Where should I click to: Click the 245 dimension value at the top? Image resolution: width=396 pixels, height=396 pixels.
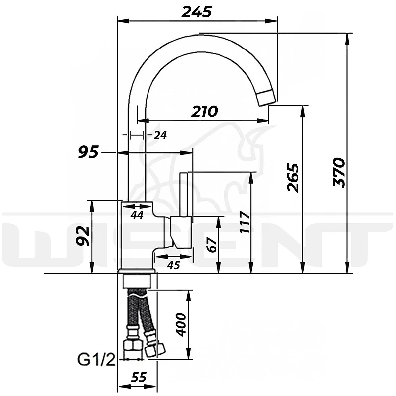tap(196, 12)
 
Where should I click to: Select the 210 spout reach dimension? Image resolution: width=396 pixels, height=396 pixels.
tap(204, 112)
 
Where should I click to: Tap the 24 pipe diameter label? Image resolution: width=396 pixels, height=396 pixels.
tap(160, 135)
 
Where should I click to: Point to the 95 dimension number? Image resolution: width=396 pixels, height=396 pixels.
tap(88, 152)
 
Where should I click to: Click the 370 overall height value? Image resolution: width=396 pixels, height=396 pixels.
tap(339, 172)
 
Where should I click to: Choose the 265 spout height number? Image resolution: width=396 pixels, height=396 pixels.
tap(293, 178)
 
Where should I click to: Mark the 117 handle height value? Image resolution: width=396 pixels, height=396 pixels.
tap(245, 222)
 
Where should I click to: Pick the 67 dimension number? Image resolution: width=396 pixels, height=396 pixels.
tap(212, 245)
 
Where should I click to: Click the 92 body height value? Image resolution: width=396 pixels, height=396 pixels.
tap(83, 236)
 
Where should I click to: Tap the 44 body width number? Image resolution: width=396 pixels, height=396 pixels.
tap(137, 215)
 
